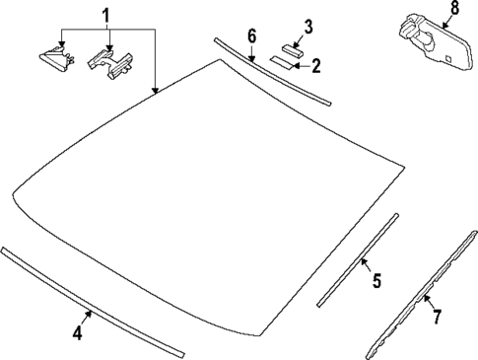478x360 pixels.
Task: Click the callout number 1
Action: click(107, 16)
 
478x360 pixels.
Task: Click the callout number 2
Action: click(315, 67)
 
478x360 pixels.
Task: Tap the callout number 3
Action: click(307, 26)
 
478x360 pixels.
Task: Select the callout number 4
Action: click(77, 332)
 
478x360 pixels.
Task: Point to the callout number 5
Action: click(376, 282)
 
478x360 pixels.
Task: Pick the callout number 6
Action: click(251, 36)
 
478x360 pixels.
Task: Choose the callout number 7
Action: click(437, 317)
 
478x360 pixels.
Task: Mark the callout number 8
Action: click(453, 10)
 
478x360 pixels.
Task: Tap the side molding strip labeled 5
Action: click(357, 261)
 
